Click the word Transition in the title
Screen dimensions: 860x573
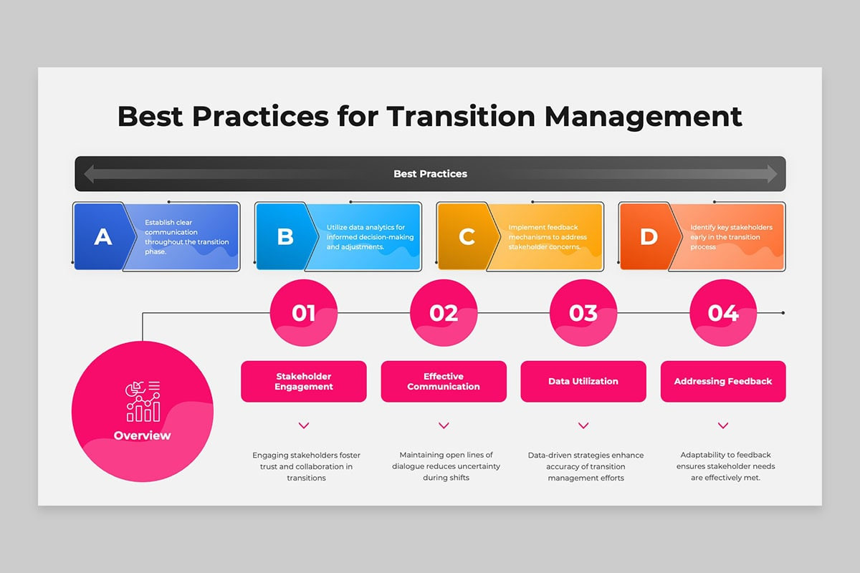[461, 116]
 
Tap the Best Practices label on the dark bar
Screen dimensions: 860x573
[431, 174]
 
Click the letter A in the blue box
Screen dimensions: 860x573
[103, 237]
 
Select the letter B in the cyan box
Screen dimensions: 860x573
[285, 237]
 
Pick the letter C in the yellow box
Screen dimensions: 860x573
[467, 237]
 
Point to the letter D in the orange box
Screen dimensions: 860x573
[649, 237]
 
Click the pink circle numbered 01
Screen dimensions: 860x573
[304, 313]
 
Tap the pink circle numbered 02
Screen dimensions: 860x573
[444, 313]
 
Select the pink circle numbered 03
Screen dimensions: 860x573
[583, 313]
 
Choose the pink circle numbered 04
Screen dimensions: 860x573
[723, 313]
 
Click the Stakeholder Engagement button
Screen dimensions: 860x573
[304, 382]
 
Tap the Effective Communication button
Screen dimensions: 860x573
[444, 382]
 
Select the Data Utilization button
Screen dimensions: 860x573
[583, 382]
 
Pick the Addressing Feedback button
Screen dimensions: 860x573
[723, 382]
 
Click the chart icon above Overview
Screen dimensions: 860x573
[143, 401]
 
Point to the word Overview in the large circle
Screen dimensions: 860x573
[142, 435]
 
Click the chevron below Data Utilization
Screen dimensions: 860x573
[583, 425]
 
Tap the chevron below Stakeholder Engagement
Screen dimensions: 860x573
[304, 425]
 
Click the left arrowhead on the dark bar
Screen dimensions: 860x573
[89, 174]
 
